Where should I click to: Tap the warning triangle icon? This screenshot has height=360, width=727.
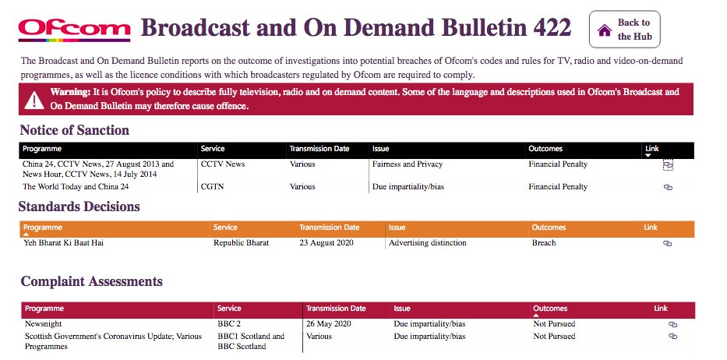34,100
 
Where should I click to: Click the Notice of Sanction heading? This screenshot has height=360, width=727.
74,130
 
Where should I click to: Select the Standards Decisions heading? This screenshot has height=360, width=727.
79,206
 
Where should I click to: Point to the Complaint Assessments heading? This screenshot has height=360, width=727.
91,281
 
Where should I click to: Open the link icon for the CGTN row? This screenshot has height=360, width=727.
668,187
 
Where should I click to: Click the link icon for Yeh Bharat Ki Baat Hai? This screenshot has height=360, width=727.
667,243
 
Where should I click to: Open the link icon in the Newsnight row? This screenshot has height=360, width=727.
673,324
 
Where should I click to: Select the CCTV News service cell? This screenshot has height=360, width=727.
222,164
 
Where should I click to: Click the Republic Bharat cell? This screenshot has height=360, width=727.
241,243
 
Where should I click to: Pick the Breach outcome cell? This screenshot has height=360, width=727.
544,243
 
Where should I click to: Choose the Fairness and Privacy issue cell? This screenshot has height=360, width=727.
407,164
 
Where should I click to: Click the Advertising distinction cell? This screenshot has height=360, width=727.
428,243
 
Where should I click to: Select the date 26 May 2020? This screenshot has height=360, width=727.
333,324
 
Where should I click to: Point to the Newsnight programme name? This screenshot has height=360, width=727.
43,324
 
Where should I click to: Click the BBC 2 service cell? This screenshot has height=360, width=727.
230,324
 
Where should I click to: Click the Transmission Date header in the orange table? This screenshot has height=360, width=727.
330,228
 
